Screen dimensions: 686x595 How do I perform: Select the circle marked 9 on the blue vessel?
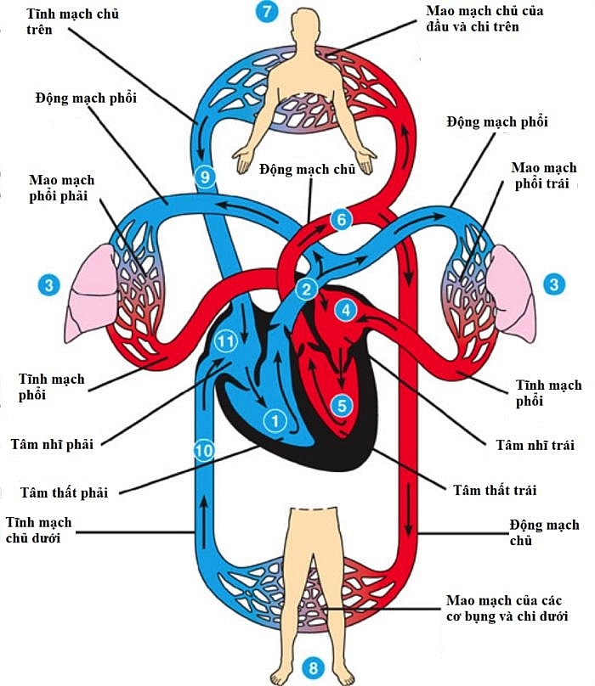point(205,177)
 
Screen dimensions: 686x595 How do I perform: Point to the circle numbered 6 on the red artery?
point(340,219)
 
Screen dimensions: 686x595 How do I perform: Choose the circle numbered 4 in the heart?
point(345,310)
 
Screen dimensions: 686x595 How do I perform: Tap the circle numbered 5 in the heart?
point(342,405)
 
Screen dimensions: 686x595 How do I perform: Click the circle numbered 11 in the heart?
point(224,340)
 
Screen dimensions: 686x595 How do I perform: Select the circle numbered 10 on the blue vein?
point(202,450)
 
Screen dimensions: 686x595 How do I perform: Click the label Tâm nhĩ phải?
point(53,443)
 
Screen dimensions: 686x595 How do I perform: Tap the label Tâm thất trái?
point(495,490)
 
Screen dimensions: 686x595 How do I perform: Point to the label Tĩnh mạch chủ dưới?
point(38,530)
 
